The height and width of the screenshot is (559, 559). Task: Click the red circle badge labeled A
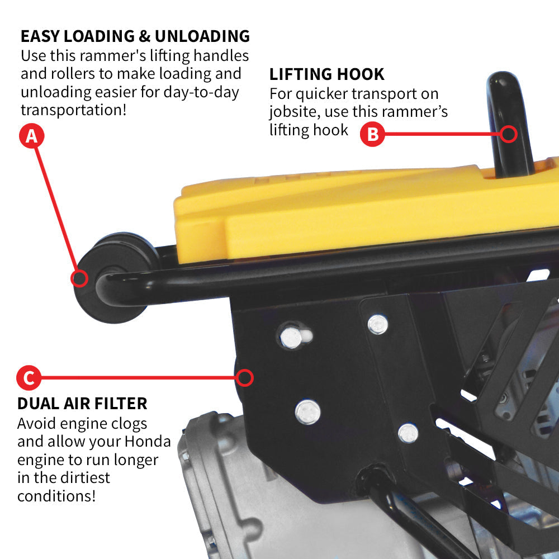pos(31,136)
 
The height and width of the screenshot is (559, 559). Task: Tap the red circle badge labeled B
pos(372,134)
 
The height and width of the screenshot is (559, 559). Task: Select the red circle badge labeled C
pos(29,378)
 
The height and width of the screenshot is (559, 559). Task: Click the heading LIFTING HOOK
pos(327,74)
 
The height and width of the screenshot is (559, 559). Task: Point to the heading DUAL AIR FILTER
pos(82,403)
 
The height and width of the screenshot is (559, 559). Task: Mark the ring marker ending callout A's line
pos(79,278)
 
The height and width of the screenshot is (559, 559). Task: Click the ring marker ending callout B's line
pos(509,134)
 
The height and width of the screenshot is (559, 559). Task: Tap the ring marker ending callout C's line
pos(244,378)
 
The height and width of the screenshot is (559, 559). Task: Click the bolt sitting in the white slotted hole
pos(291,337)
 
